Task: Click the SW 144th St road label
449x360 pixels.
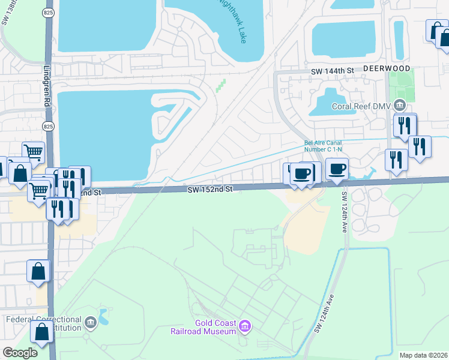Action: (334, 71)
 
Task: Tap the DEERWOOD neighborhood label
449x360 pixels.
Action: (387, 68)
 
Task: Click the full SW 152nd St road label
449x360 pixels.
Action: (209, 189)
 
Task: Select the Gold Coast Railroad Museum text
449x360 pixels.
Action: (215, 327)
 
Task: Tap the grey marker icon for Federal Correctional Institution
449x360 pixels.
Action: (90, 323)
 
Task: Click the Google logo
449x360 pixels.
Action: (20, 353)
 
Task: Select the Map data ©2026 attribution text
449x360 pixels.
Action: (423, 355)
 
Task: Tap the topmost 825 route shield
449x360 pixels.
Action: (47, 12)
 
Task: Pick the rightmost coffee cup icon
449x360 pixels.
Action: (337, 169)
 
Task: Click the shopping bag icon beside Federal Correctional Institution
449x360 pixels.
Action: (42, 331)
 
